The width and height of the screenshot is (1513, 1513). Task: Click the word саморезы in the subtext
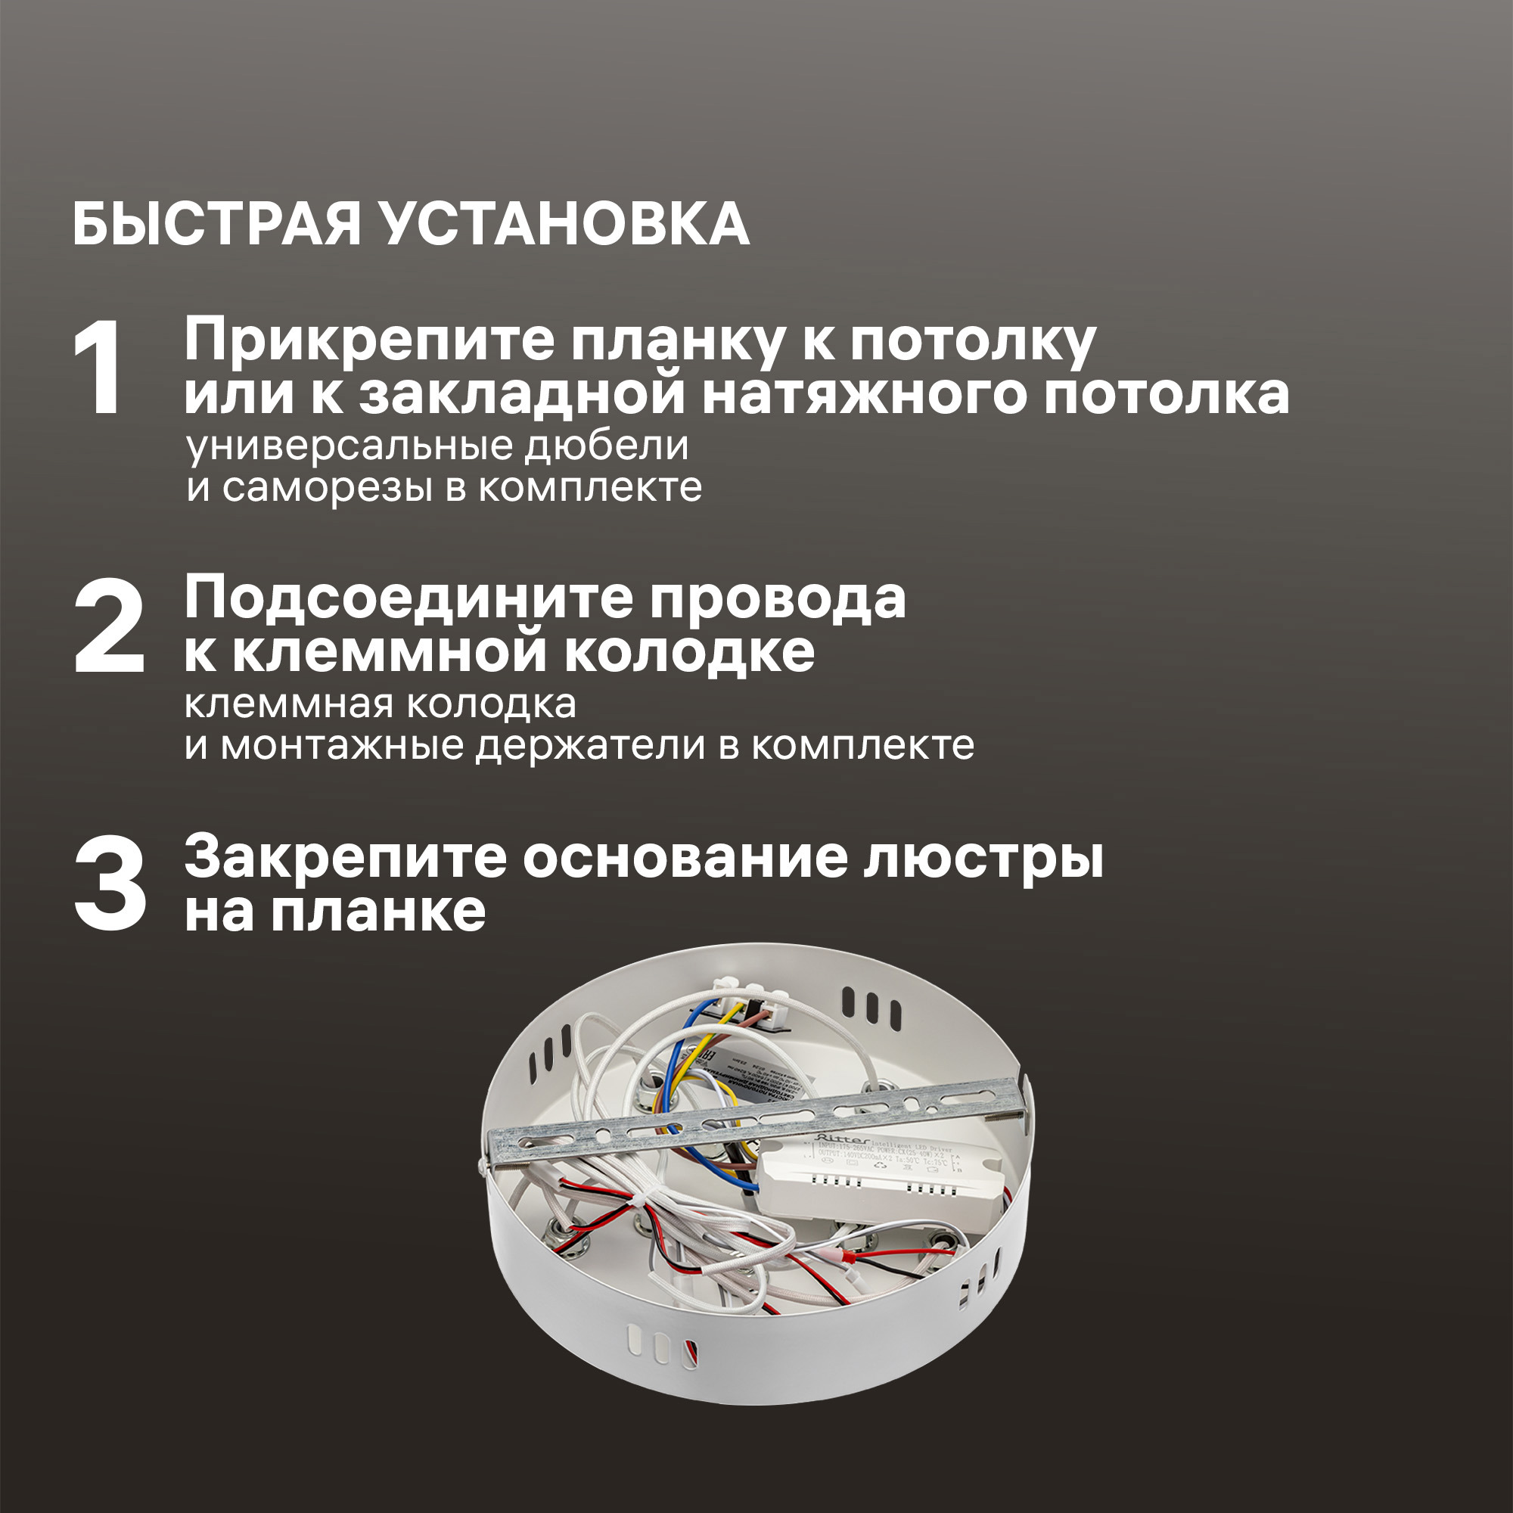[x=328, y=487]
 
